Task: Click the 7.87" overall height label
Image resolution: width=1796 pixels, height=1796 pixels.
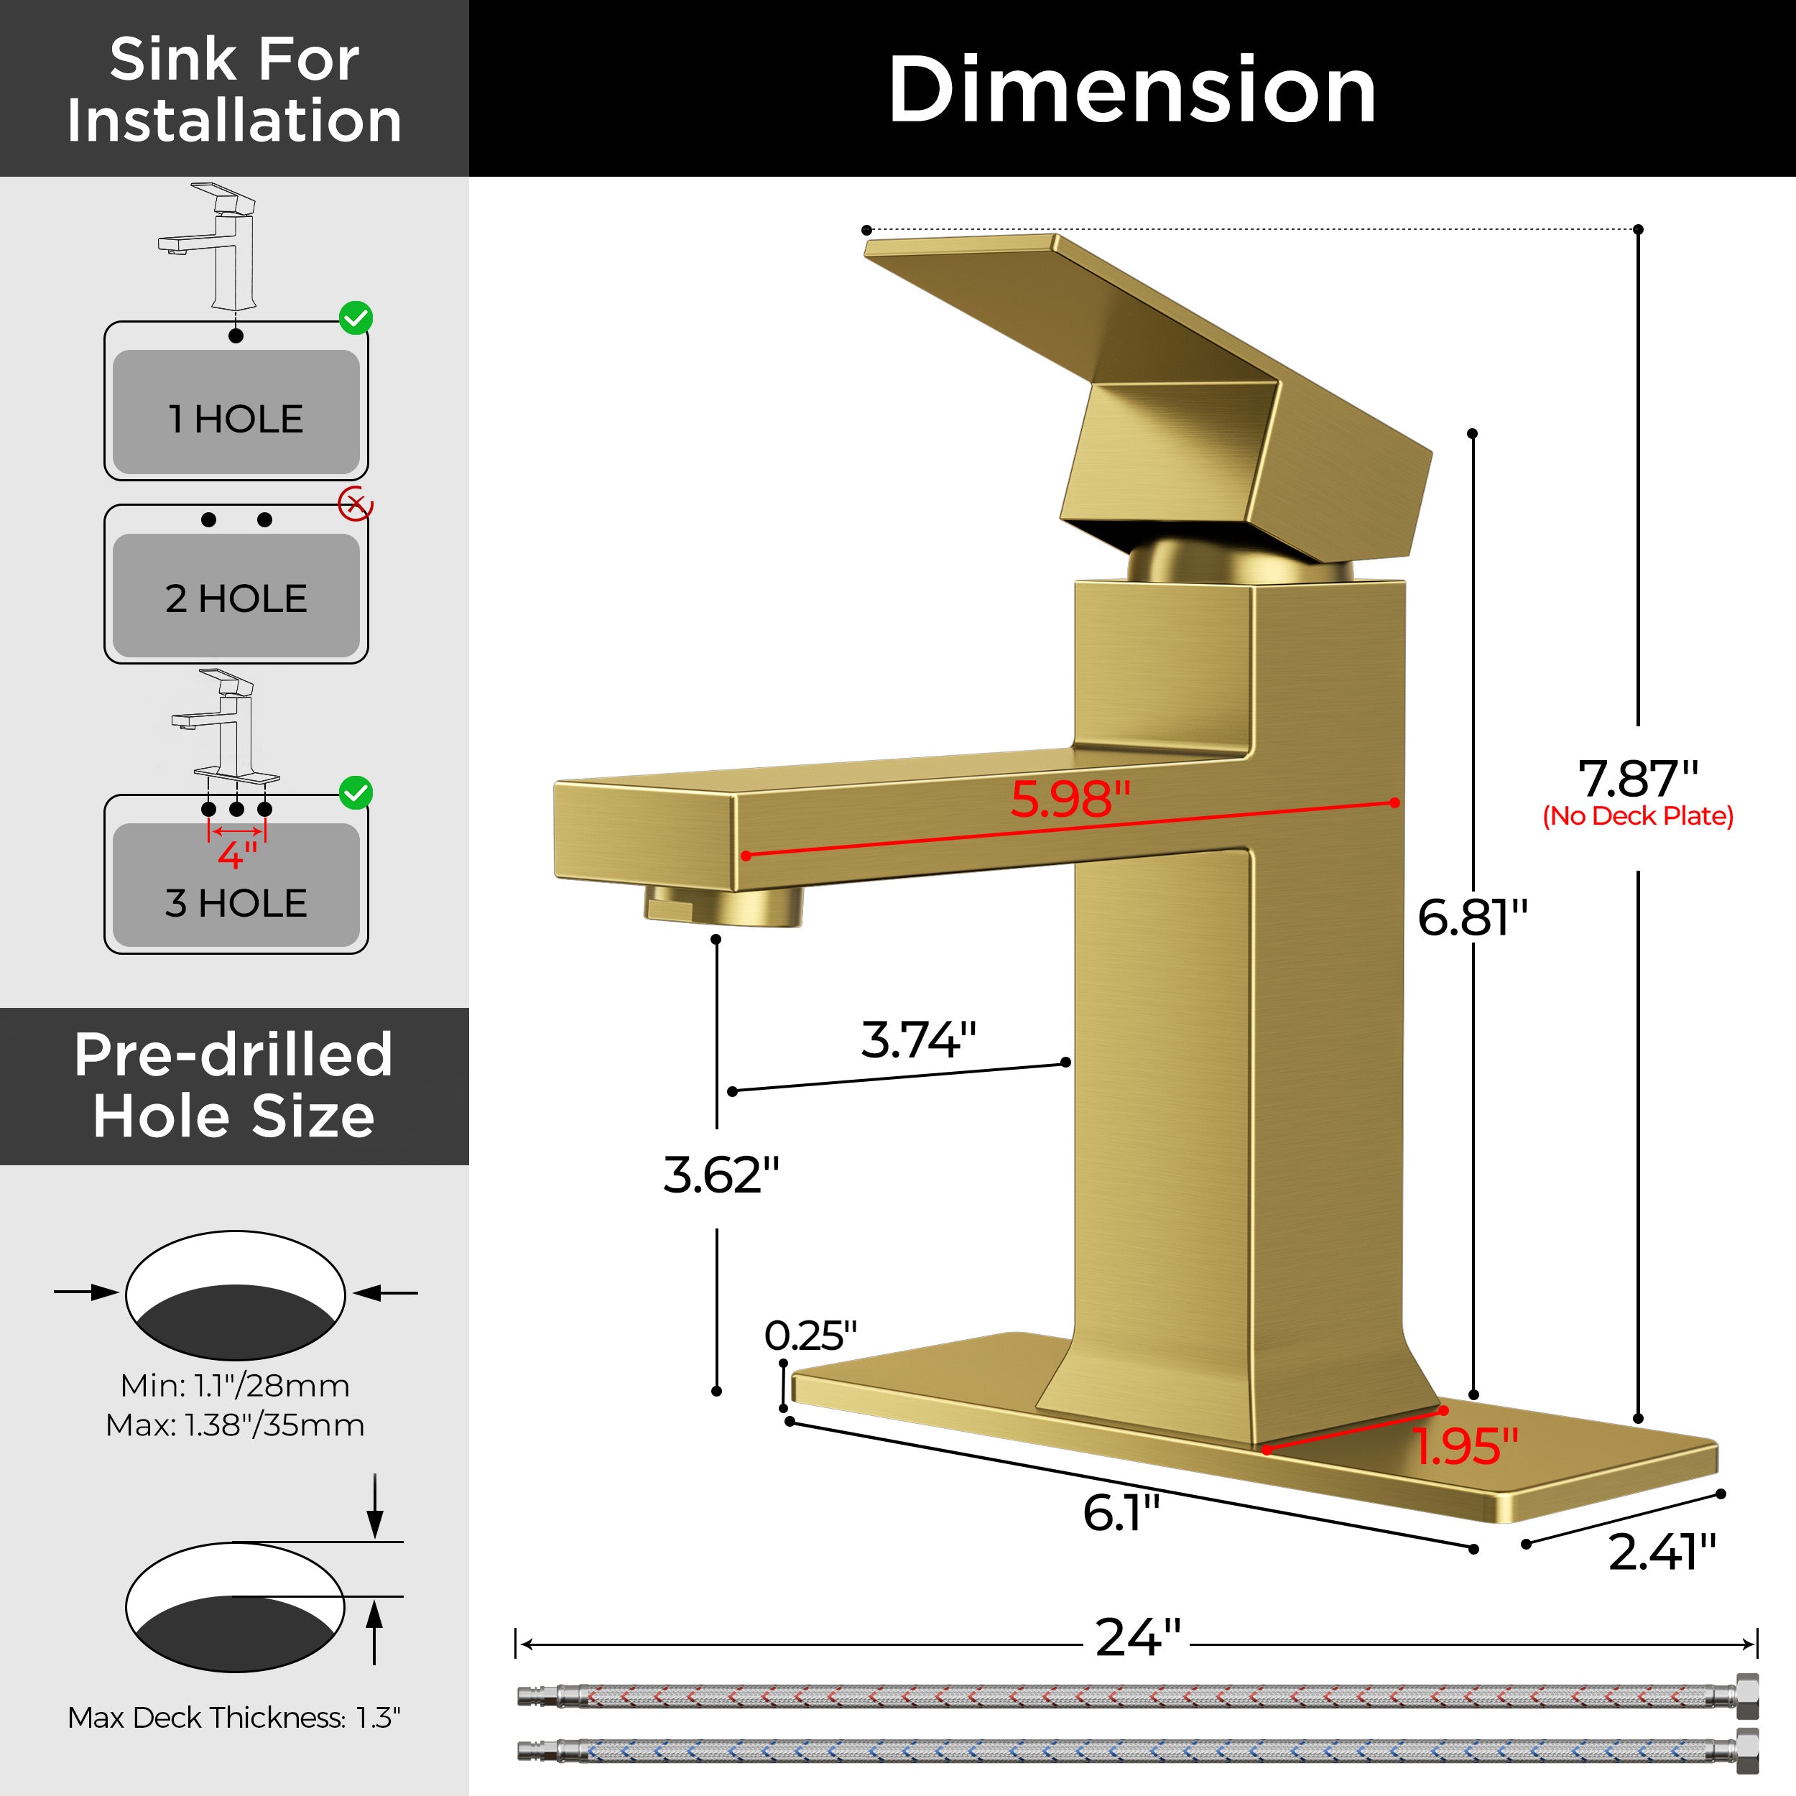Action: point(1638,779)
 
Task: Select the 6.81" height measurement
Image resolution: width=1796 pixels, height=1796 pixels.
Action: point(1473,917)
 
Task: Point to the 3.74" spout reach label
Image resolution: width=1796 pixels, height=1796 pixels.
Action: point(918,1040)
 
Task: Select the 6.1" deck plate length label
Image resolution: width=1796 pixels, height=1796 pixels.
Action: point(1121,1512)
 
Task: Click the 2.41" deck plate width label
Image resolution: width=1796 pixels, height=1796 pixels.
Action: point(1662,1552)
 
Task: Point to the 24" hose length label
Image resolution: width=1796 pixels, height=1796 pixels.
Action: point(1138,1638)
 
